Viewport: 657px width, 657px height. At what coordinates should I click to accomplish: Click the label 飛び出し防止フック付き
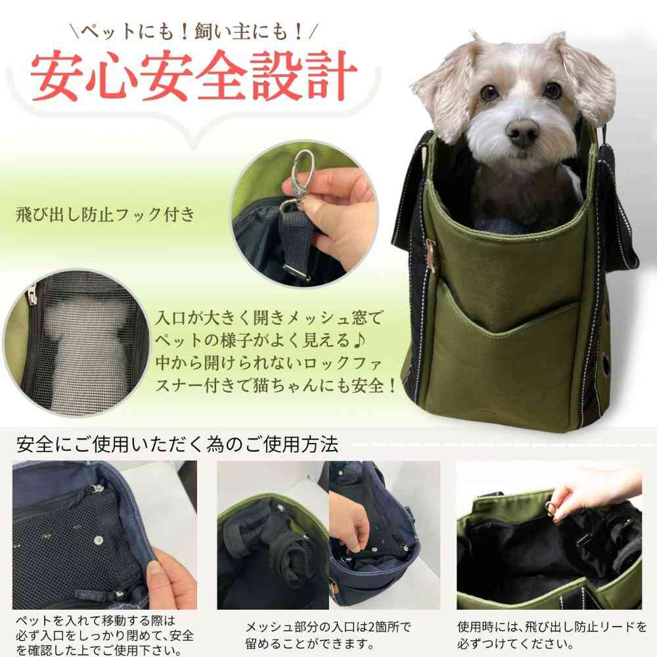click(106, 215)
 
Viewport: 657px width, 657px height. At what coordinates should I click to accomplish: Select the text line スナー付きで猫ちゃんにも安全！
click(276, 384)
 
